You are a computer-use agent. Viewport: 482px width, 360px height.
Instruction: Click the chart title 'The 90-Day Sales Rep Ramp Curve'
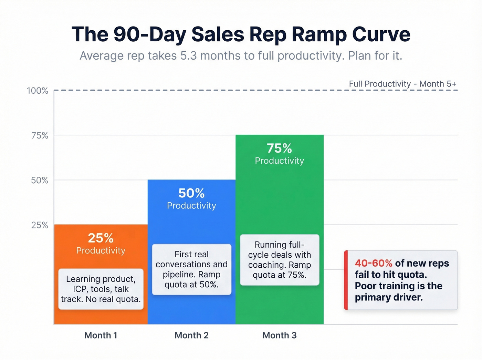coord(241,34)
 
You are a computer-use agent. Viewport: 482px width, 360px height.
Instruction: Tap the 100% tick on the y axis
coord(38,91)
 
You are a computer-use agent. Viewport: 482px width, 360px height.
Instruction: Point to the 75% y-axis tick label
coord(40,135)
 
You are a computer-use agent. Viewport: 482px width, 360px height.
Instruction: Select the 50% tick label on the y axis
coord(40,180)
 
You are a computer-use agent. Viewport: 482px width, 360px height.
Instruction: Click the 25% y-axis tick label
coord(40,225)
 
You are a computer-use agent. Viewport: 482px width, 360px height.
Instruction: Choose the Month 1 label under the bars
coord(101,335)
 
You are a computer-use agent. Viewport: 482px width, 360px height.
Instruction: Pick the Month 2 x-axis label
coord(191,335)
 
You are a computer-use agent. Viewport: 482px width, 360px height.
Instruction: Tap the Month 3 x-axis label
coord(279,335)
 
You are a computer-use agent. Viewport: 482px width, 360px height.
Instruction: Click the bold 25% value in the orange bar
coord(101,238)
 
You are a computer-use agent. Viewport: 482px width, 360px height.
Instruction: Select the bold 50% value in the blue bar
coord(191,193)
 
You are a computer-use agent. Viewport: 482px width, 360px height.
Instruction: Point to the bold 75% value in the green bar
coord(279,148)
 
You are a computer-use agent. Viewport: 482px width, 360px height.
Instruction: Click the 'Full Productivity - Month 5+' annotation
coord(402,84)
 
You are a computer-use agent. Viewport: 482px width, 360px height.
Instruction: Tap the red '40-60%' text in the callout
coord(374,263)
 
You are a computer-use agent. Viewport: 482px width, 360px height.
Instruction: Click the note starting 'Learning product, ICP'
coord(101,289)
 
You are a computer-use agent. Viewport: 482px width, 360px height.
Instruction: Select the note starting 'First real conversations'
coord(191,269)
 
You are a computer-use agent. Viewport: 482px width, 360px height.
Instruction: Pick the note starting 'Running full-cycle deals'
coord(279,260)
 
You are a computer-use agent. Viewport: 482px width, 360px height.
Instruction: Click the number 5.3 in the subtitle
coord(188,56)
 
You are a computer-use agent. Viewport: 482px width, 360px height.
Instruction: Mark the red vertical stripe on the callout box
coord(346,280)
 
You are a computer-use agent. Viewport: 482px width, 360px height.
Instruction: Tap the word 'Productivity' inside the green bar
coord(279,161)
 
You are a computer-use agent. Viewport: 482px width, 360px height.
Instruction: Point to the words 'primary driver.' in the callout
coord(389,297)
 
